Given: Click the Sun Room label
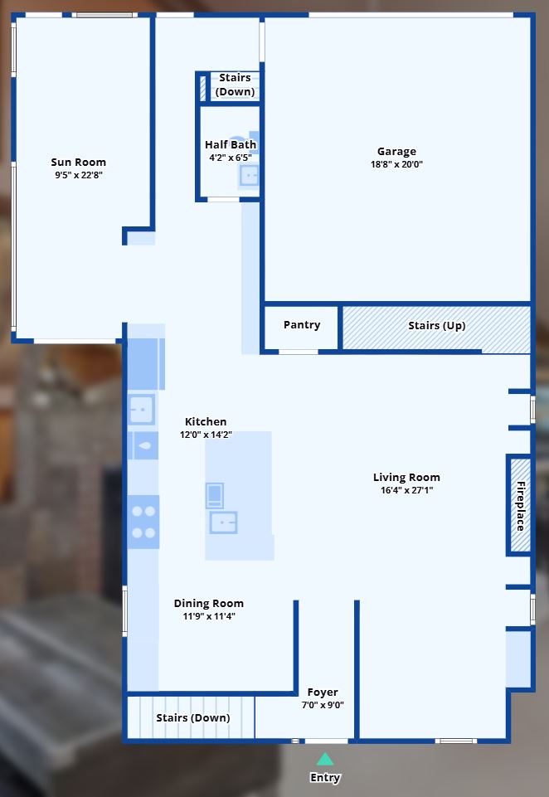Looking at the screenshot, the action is [x=78, y=163].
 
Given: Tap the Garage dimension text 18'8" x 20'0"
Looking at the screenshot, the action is [x=396, y=164].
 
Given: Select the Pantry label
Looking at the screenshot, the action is [x=302, y=325].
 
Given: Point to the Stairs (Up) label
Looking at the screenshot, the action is [x=437, y=326].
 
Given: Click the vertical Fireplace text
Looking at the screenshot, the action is [x=521, y=506].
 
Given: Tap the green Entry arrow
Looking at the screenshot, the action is [x=325, y=760].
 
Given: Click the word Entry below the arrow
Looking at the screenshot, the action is [x=325, y=778].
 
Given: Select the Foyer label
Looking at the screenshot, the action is [x=323, y=693].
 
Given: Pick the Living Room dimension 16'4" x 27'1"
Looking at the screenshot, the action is [x=406, y=490].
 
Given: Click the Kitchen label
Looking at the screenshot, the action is [x=206, y=421].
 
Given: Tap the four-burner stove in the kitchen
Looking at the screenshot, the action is [x=143, y=522].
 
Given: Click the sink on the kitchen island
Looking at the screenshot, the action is [x=224, y=522].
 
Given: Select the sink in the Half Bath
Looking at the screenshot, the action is [x=249, y=177].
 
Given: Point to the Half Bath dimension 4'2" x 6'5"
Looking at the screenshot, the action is [x=231, y=158].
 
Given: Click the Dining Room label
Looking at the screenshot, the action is [x=209, y=603].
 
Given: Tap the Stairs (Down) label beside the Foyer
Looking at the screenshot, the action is [x=193, y=717].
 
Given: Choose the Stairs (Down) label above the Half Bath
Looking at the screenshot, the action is [x=235, y=85].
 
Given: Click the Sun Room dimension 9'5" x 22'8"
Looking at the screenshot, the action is [x=79, y=175].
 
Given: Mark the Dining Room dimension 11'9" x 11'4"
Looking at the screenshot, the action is [x=209, y=616].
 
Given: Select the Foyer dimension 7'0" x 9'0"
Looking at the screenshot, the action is [x=323, y=705].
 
